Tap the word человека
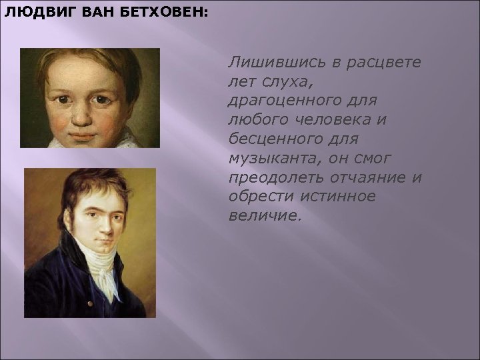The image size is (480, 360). tap(354, 120)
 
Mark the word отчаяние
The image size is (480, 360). tap(372, 179)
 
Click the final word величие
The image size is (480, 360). tap(264, 217)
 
